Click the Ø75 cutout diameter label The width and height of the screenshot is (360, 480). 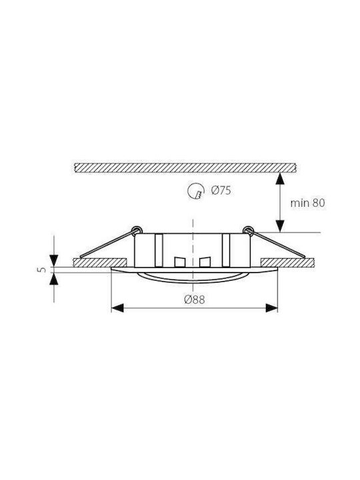[x=221, y=191]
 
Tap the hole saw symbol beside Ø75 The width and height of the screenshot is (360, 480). [x=196, y=191]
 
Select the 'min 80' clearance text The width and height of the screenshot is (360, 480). [x=307, y=203]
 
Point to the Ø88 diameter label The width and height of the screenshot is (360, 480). [x=195, y=299]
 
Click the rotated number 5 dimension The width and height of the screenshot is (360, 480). [x=43, y=270]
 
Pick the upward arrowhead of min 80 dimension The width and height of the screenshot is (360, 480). [x=280, y=179]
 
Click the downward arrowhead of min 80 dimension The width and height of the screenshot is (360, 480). [x=280, y=226]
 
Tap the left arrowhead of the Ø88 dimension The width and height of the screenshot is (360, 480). [x=117, y=308]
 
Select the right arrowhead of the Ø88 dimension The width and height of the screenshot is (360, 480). [x=271, y=308]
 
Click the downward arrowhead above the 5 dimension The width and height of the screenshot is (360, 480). [x=54, y=260]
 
